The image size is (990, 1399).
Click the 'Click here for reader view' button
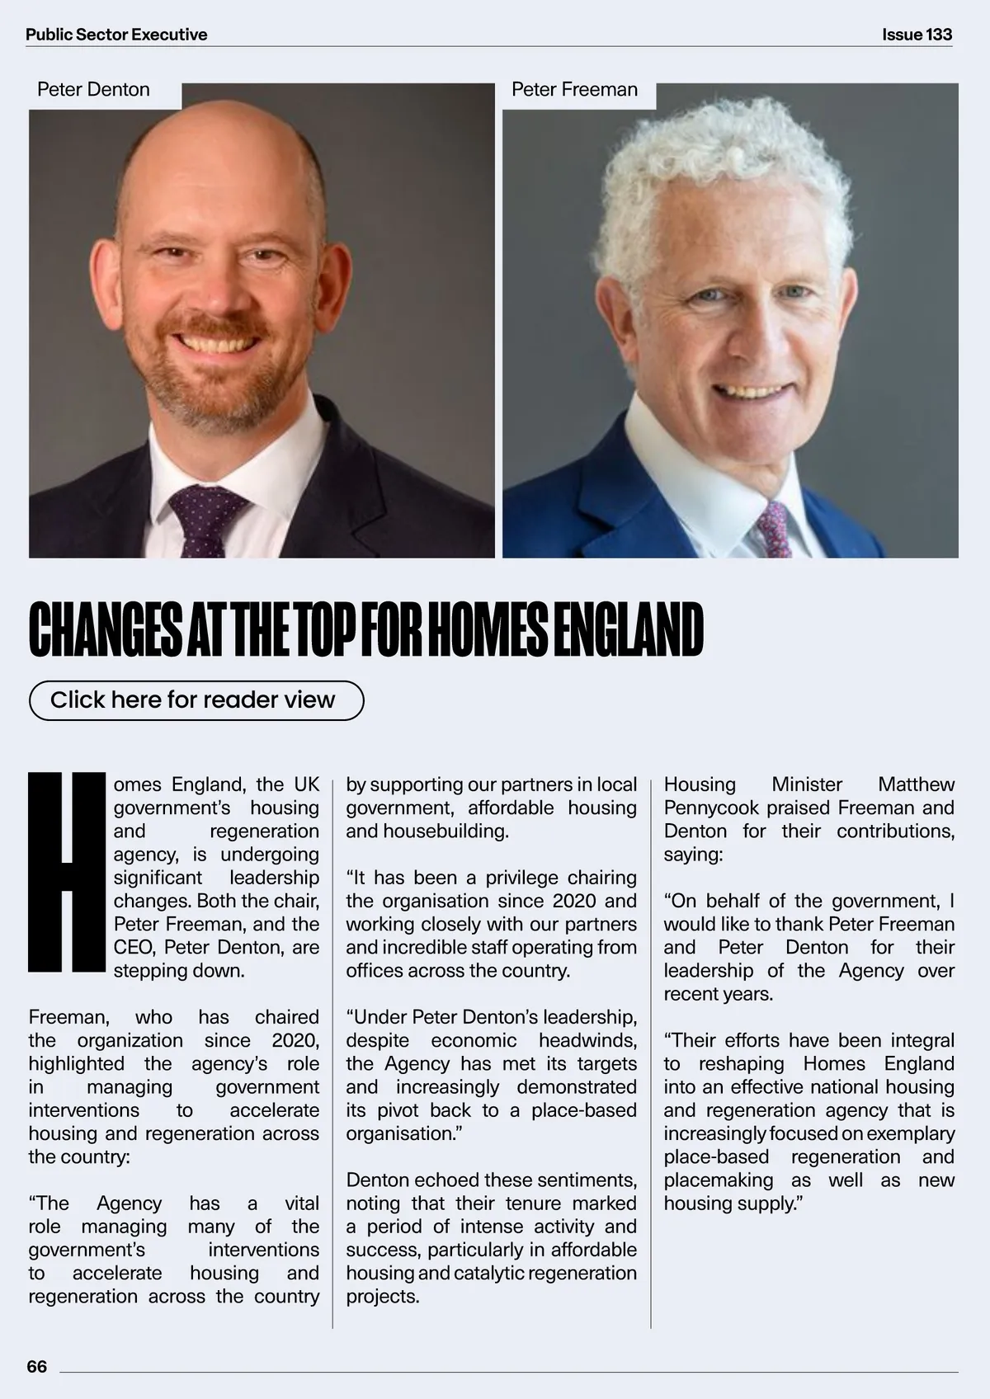(x=196, y=700)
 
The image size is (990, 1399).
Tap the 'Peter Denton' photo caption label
(x=93, y=89)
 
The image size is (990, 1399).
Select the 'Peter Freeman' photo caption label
(x=574, y=89)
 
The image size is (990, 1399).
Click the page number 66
(x=37, y=1366)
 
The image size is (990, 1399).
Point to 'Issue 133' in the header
(x=917, y=35)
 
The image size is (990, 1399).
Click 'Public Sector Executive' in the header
(x=116, y=35)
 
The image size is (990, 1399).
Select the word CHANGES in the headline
(x=106, y=631)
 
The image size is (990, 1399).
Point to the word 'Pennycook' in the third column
(x=711, y=808)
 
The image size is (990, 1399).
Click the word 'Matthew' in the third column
(x=916, y=784)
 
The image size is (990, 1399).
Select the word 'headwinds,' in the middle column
(x=587, y=1040)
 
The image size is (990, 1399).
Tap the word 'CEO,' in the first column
(x=134, y=947)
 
